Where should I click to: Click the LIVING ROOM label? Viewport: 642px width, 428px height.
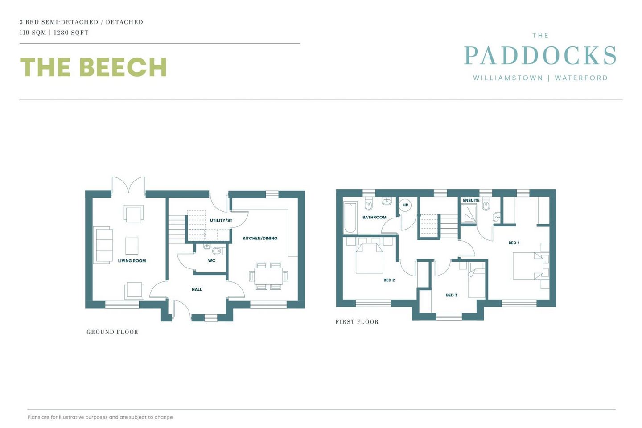(x=132, y=260)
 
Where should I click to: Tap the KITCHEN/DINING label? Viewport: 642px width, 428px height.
(x=260, y=238)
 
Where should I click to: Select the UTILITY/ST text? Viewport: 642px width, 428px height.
(x=221, y=220)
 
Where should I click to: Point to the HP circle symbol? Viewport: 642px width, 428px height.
(x=405, y=205)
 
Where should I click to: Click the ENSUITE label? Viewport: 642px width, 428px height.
(x=471, y=200)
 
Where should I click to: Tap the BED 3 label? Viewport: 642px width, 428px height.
(x=451, y=295)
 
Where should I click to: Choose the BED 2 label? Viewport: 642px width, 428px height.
(x=389, y=280)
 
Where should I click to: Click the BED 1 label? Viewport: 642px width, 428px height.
(x=514, y=243)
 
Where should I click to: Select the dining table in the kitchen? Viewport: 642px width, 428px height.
(x=268, y=276)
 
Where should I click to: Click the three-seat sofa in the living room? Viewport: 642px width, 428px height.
(x=103, y=245)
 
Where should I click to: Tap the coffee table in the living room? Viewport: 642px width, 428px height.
(x=132, y=246)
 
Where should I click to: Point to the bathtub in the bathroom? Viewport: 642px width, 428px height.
(x=350, y=218)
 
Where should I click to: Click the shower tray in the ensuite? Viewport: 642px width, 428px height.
(x=469, y=213)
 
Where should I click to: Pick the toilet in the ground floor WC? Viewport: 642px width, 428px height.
(x=218, y=251)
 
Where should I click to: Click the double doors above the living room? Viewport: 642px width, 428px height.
(x=128, y=185)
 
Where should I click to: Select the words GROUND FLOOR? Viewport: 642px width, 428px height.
(x=112, y=332)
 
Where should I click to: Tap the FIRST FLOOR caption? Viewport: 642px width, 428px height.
(x=357, y=321)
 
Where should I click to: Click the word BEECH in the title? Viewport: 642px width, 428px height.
(x=123, y=67)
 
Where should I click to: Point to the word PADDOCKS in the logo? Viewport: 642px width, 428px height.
(x=540, y=55)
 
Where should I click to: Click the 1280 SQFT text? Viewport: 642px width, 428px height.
(x=71, y=33)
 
